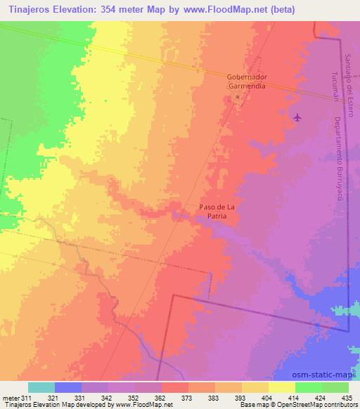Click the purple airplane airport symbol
point(298,117)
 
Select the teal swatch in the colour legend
point(41,387)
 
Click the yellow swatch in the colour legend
point(281,387)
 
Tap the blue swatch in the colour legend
point(68,387)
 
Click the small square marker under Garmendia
point(238,97)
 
